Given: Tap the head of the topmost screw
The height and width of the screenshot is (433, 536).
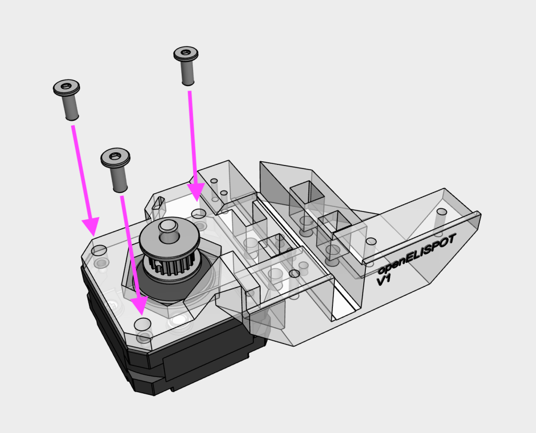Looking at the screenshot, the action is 186,53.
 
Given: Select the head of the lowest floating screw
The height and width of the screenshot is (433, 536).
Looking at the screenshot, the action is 116,157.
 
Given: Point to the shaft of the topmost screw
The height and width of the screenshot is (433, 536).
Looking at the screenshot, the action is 187,72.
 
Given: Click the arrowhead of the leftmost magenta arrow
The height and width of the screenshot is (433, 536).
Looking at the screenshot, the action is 90,226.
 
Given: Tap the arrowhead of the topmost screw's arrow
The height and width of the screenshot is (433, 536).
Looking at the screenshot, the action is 196,192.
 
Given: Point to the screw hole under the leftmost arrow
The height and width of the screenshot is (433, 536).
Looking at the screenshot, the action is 99,250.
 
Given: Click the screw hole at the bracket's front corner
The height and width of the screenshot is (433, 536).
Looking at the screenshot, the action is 142,323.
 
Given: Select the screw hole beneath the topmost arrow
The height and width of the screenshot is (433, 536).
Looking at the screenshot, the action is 198,214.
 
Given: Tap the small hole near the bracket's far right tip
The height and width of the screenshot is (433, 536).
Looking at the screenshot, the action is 441,212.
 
